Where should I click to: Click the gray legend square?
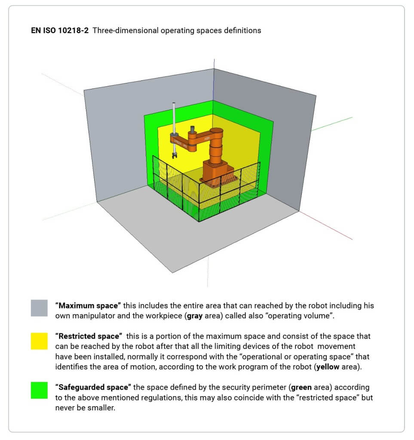point(39,308)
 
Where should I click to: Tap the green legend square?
point(39,390)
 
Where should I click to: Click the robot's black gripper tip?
point(174,156)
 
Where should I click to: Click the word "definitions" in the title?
point(242,31)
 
